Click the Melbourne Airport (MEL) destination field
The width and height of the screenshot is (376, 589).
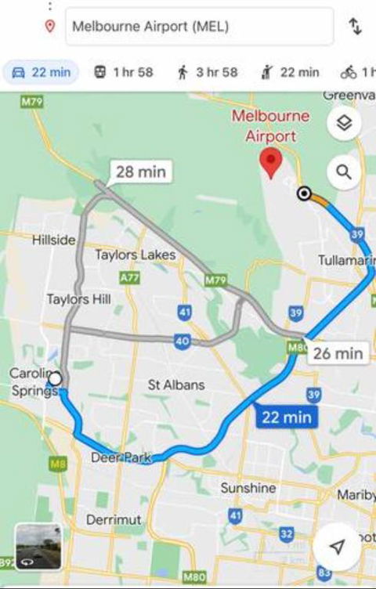click(x=199, y=27)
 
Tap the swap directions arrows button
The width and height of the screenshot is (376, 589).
click(x=355, y=27)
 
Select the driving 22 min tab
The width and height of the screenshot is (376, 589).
click(x=41, y=73)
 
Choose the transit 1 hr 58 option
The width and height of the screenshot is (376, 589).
click(x=123, y=73)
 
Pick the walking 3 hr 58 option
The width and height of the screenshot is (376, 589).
click(x=207, y=73)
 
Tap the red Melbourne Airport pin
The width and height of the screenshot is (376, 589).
click(x=271, y=163)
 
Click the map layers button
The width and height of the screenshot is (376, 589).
click(x=344, y=123)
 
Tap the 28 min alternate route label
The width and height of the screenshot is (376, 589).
click(x=141, y=172)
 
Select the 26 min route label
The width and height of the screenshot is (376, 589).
click(x=338, y=353)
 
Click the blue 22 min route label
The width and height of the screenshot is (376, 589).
click(x=287, y=417)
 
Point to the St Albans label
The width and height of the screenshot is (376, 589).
click(x=176, y=385)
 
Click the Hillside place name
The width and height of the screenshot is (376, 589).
click(x=54, y=240)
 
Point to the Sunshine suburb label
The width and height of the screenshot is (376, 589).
click(x=248, y=488)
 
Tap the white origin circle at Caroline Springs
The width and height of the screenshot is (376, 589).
click(x=55, y=380)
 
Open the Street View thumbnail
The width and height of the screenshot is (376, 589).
click(x=38, y=546)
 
